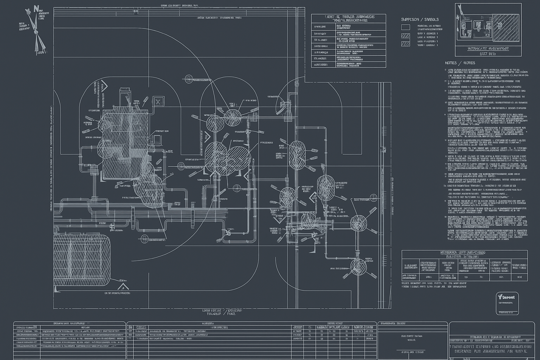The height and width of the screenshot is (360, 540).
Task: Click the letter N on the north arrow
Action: pyautogui.click(x=36, y=8)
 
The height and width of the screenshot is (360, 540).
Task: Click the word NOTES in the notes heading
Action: pyautogui.click(x=451, y=63)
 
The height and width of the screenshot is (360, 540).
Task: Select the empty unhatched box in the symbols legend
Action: pyautogui.click(x=405, y=27)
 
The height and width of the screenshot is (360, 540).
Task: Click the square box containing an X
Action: pyautogui.click(x=158, y=102)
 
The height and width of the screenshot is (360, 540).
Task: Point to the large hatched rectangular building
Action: pyautogui.click(x=125, y=144)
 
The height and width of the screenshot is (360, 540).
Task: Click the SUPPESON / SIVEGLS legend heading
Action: pyautogui.click(x=420, y=20)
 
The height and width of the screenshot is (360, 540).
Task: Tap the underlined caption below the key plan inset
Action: pyautogui.click(x=488, y=49)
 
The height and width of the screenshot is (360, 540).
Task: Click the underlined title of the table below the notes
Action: pyautogui.click(x=463, y=253)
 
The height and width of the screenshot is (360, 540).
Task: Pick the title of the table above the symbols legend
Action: pyautogui.click(x=348, y=19)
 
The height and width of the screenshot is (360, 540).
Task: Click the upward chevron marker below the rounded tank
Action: pyautogui.click(x=123, y=287)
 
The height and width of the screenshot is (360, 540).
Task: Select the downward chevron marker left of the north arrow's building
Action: pyautogui.click(x=104, y=85)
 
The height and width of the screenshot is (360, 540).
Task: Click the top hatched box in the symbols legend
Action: pyautogui.click(x=405, y=36)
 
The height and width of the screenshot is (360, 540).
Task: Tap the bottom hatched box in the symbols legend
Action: pyautogui.click(x=405, y=44)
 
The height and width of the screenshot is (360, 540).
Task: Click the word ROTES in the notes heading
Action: pyautogui.click(x=469, y=63)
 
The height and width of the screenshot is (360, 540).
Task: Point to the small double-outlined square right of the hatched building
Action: pyautogui.click(x=157, y=139)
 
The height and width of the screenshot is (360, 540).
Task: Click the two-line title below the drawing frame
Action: pyautogui.click(x=222, y=312)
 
